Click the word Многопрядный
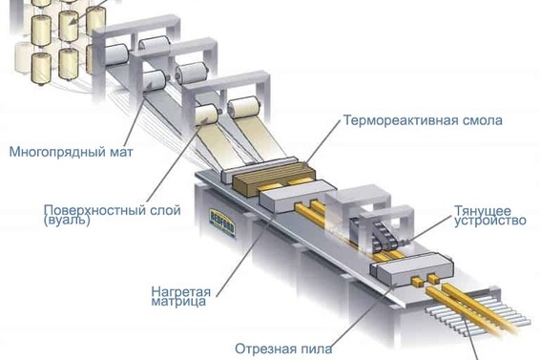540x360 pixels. click(x=46, y=150)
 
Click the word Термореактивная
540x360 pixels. click(x=391, y=121)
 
